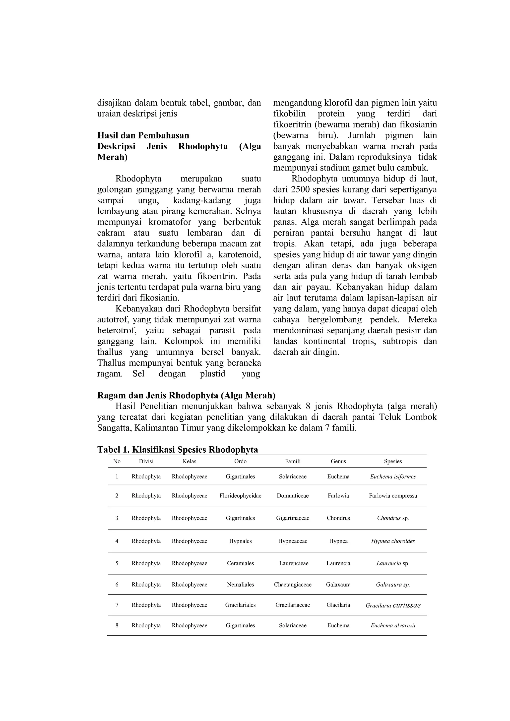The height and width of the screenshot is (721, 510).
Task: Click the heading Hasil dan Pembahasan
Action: [x=143, y=136]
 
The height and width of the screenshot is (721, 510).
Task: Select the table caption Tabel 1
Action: [x=178, y=450]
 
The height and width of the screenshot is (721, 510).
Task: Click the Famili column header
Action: [x=293, y=461]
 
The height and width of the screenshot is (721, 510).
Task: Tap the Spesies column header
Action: [x=393, y=461]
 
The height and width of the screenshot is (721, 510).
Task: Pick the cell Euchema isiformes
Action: [x=393, y=477]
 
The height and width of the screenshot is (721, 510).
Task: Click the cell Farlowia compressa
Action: [x=393, y=496]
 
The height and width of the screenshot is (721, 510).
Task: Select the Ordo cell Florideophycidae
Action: [x=240, y=496]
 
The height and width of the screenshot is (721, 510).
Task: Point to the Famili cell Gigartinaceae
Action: [x=293, y=518]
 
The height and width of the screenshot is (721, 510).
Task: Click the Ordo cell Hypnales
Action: [x=240, y=541]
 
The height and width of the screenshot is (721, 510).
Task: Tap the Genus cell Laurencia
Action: [x=338, y=563]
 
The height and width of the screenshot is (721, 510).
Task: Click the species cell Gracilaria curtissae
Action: [x=393, y=605]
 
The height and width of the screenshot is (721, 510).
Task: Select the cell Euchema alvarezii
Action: [x=393, y=626]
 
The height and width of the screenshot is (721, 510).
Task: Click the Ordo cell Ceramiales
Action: [x=240, y=563]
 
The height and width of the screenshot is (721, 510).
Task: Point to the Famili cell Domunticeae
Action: [x=293, y=496]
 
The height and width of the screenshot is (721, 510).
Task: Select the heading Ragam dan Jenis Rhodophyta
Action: [x=186, y=395]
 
